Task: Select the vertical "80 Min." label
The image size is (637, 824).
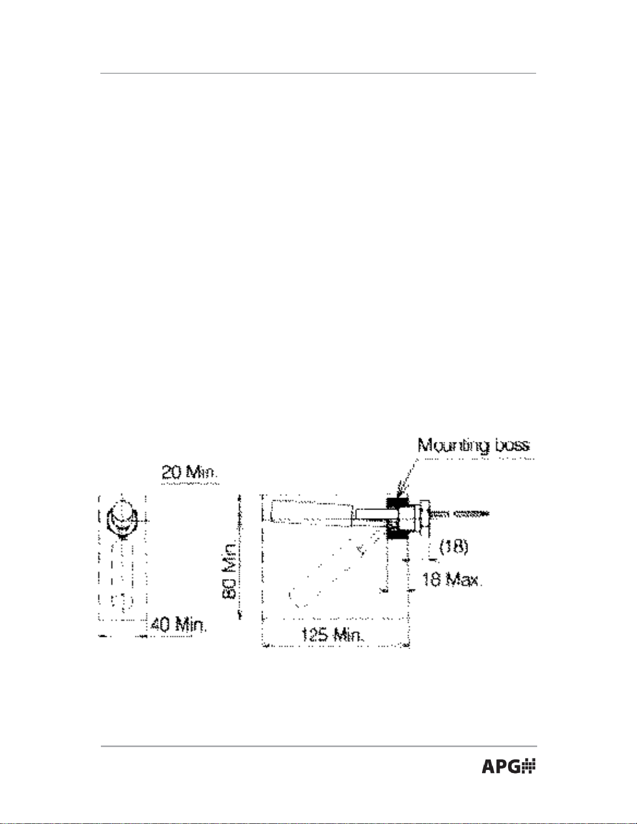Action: (x=229, y=570)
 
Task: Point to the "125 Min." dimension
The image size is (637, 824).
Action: (x=333, y=634)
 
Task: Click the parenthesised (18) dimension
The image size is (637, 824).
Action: (x=454, y=546)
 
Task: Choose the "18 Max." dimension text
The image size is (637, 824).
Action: (x=451, y=579)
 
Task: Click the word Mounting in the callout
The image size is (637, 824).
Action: (x=453, y=446)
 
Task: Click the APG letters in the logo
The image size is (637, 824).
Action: (x=500, y=766)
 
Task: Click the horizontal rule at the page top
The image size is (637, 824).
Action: (x=318, y=73)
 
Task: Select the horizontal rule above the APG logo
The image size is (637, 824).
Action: (x=318, y=746)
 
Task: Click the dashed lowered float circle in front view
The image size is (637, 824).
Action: (x=122, y=601)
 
